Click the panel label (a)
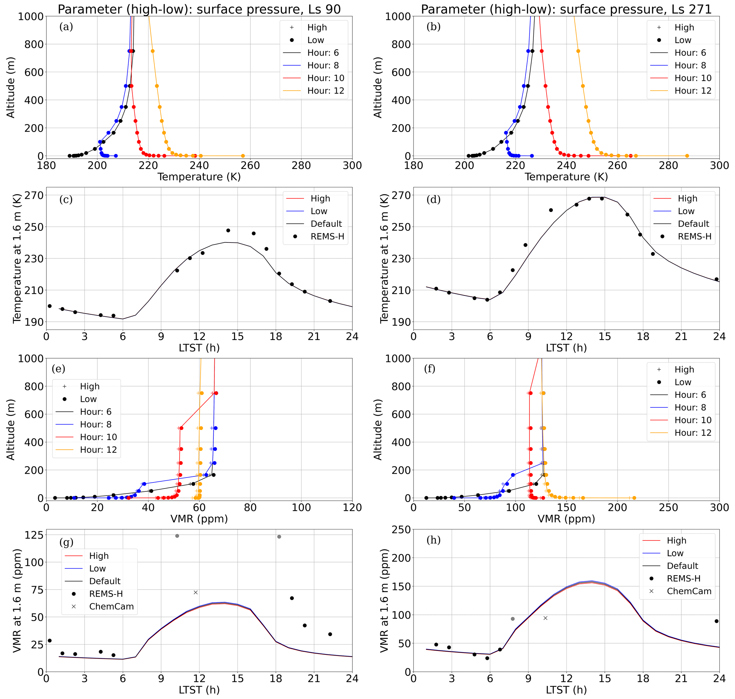pos(66,27)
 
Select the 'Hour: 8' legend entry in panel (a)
pos(323,65)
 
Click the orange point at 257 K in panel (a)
pos(243,156)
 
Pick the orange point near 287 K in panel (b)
pos(687,156)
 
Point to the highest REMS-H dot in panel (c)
pos(228,230)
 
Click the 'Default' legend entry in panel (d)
pos(693,224)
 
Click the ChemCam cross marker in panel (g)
pos(196,592)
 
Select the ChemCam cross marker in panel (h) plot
pos(545,618)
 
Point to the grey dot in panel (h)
pos(512,619)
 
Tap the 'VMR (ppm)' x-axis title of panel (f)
pos(566,519)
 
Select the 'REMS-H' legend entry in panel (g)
pos(106,593)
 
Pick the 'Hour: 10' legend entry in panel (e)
pos(98,437)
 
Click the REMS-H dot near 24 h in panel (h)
pos(717,621)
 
